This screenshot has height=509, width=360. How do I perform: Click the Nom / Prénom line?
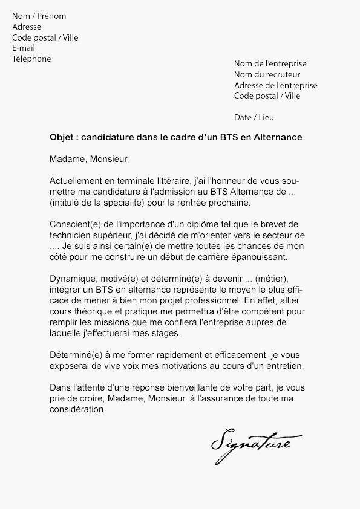[x=39, y=16]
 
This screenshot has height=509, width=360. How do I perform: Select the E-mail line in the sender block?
[x=24, y=48]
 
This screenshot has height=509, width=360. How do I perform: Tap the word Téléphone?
[x=31, y=59]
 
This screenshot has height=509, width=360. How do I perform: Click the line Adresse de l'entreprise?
[x=275, y=85]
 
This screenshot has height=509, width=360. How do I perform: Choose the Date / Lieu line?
[x=254, y=117]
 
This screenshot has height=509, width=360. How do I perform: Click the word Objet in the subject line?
[x=62, y=137]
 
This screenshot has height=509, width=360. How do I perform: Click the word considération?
[x=78, y=409]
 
